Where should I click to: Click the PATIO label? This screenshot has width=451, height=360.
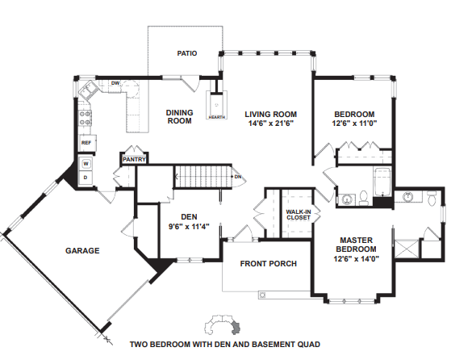tap(187, 53)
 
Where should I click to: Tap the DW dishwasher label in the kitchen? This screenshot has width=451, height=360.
tap(115, 83)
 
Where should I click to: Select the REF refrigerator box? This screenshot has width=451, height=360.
tap(87, 143)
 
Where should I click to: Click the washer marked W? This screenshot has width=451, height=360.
tap(86, 164)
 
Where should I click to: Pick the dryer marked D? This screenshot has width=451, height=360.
tap(86, 178)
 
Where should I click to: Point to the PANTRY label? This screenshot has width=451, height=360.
tap(134, 160)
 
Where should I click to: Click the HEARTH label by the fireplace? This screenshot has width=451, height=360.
tap(216, 117)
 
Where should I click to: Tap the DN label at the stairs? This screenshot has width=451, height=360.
tap(238, 177)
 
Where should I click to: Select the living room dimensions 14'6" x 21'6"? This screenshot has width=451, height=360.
tap(270, 123)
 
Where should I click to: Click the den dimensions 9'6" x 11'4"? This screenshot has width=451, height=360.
tap(189, 227)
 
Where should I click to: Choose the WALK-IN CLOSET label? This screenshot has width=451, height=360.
tap(299, 215)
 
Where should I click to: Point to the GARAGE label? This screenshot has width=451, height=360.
tap(82, 251)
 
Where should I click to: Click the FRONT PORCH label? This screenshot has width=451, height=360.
tap(269, 264)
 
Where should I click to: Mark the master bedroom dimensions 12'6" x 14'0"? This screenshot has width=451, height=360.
tap(356, 259)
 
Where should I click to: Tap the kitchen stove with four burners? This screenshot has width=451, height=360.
tap(86, 119)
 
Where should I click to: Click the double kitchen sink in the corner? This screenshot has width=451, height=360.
tap(88, 90)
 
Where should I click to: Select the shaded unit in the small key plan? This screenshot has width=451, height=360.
tap(236, 328)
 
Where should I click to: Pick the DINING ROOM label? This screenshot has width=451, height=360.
tap(179, 116)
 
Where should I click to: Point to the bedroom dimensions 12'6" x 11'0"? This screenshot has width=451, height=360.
tap(354, 123)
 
